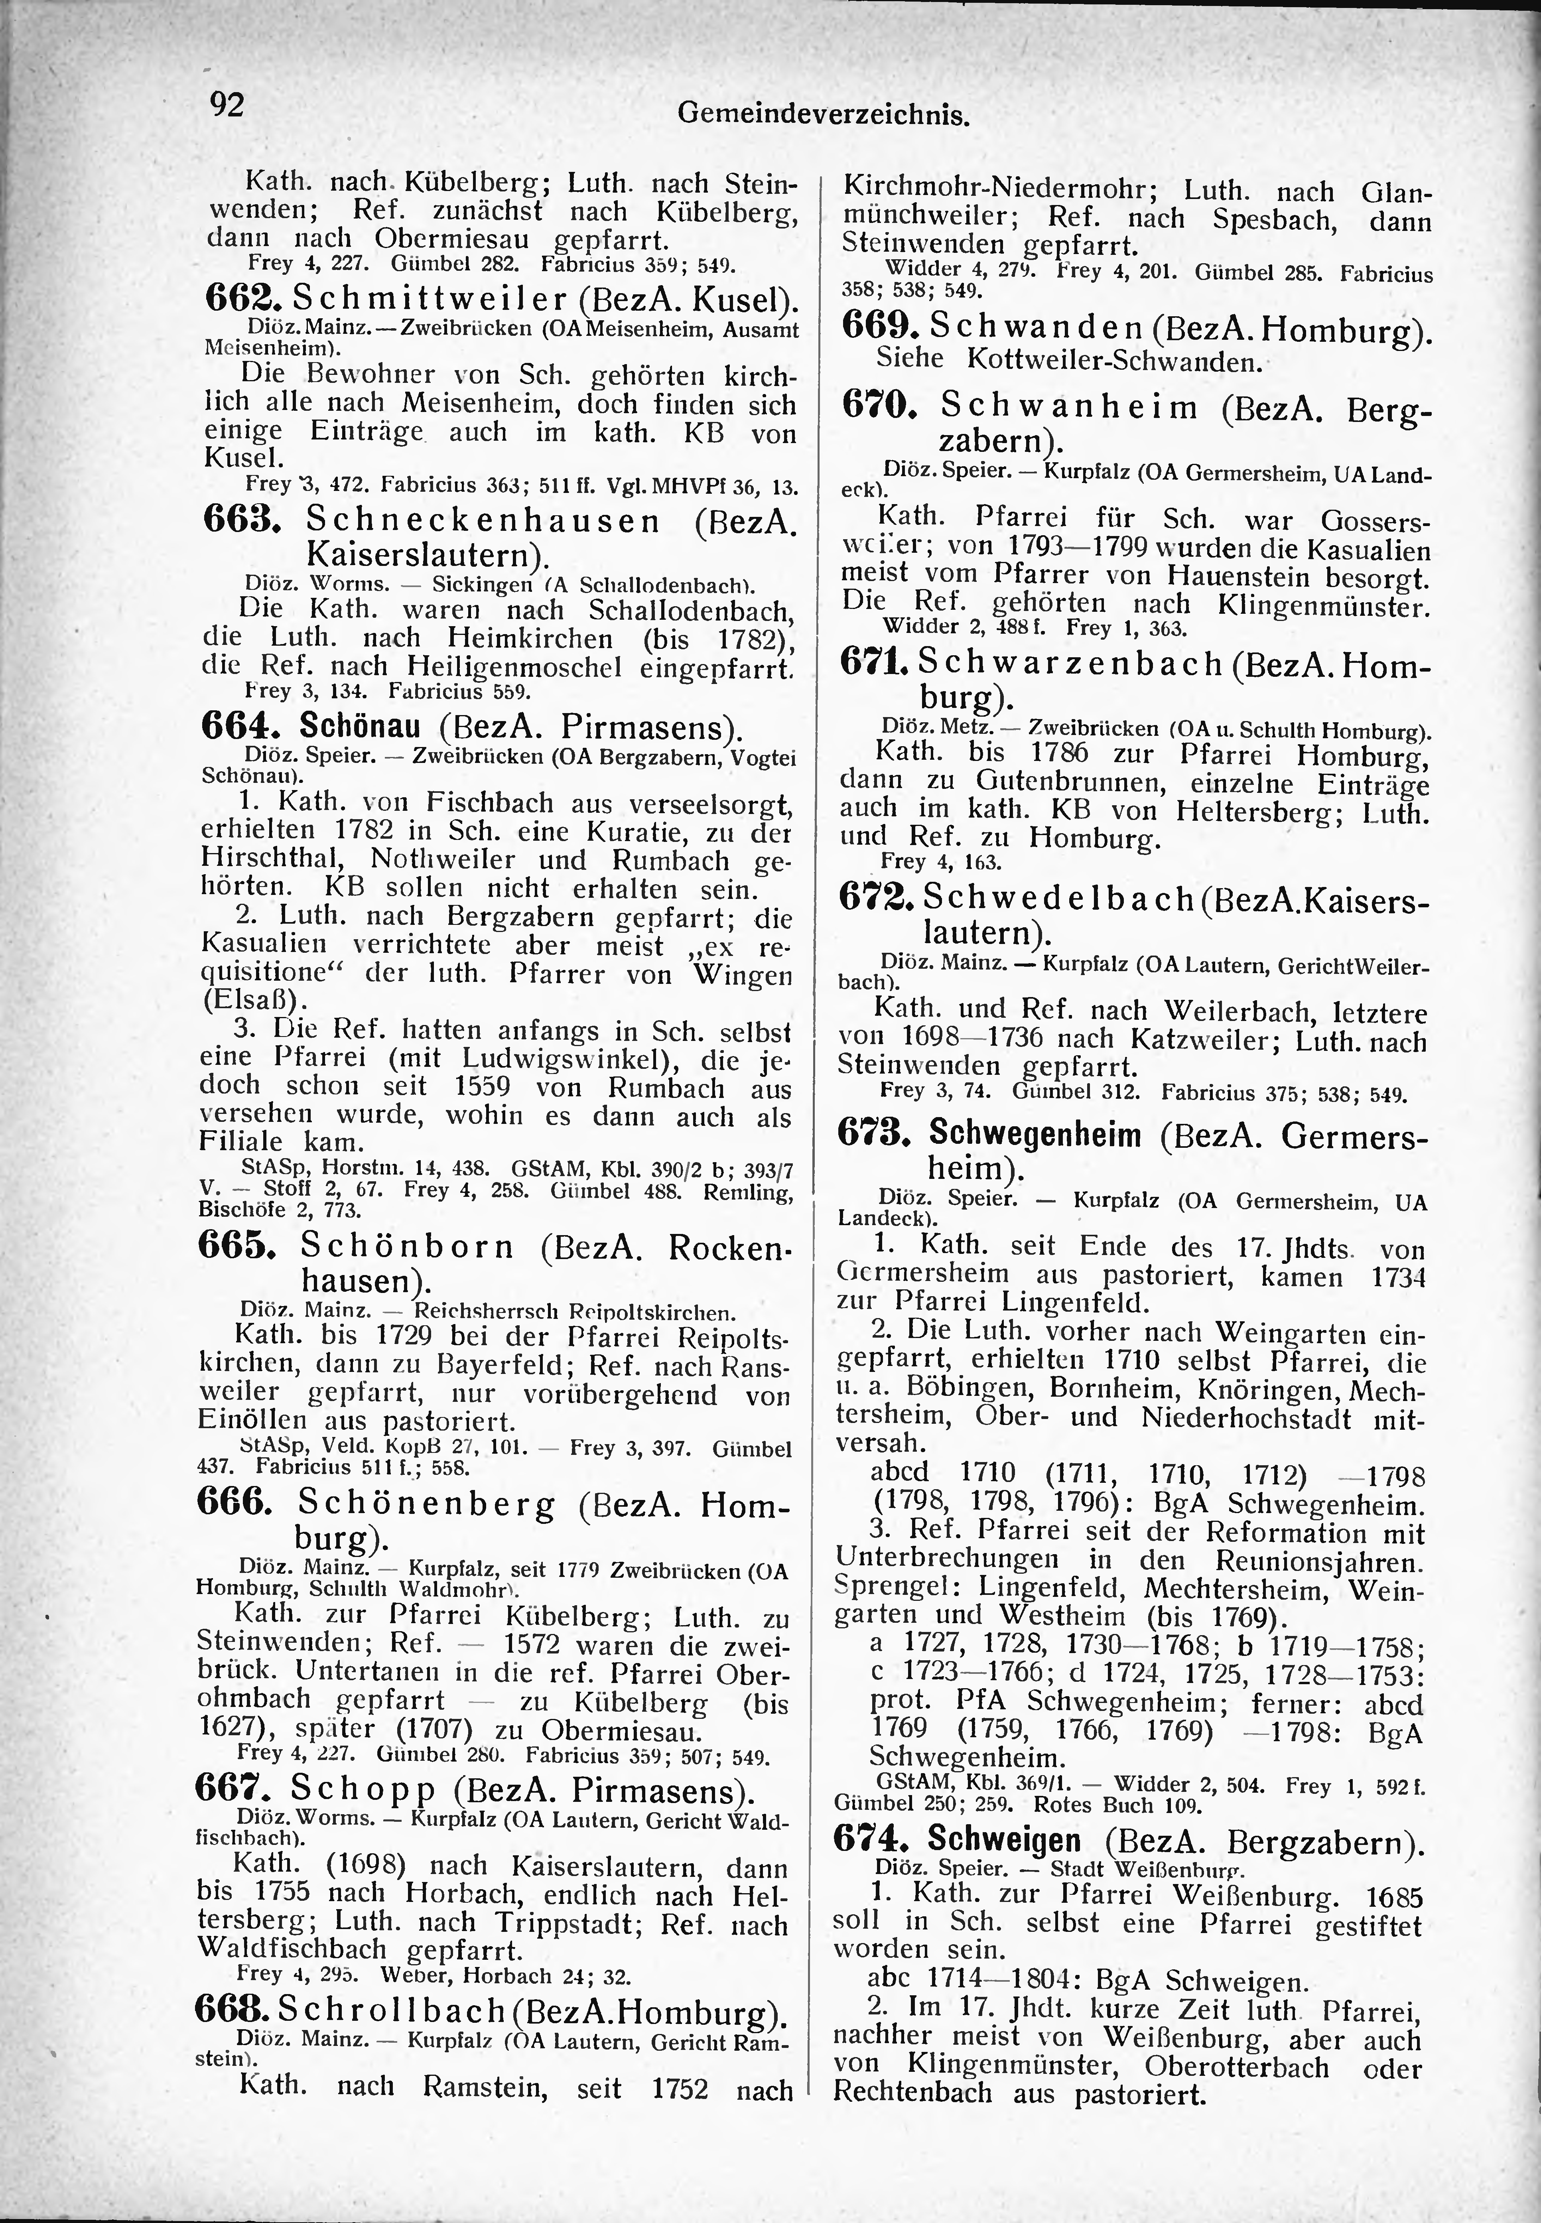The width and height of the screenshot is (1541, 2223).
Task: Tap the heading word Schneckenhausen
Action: (483, 522)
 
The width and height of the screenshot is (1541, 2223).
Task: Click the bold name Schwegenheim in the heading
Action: (1034, 1134)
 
